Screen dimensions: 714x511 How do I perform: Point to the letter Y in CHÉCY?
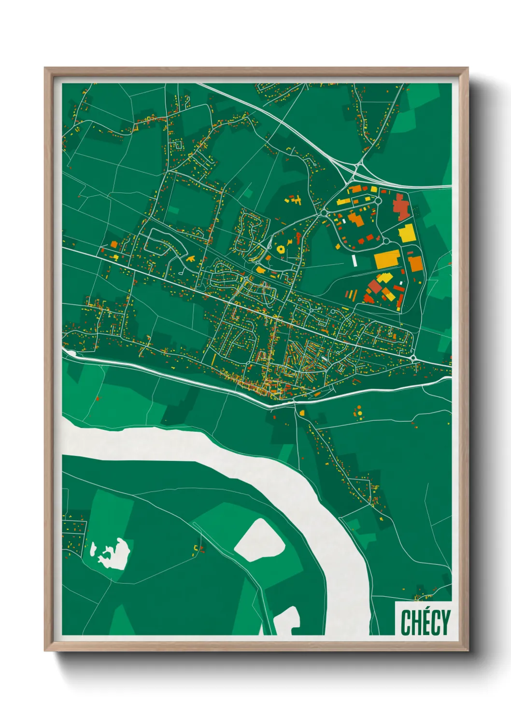(x=445, y=622)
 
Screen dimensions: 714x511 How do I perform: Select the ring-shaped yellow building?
(x=281, y=249)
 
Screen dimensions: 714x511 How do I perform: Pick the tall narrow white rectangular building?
(x=355, y=261)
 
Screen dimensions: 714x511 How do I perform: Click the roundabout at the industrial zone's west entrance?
(x=323, y=213)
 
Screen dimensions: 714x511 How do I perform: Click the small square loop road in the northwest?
(x=176, y=144)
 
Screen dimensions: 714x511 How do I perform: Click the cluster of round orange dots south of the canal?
(x=358, y=412)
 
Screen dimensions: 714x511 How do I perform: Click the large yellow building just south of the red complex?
(x=407, y=233)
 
